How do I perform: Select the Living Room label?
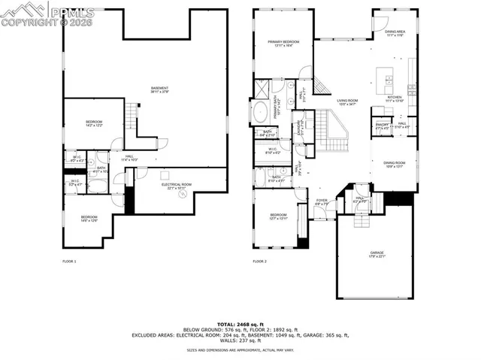[347, 101]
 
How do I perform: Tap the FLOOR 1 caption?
[69, 261]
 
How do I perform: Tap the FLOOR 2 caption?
[260, 261]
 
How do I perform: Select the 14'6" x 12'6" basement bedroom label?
[89, 219]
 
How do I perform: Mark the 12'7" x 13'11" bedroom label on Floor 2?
[279, 216]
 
